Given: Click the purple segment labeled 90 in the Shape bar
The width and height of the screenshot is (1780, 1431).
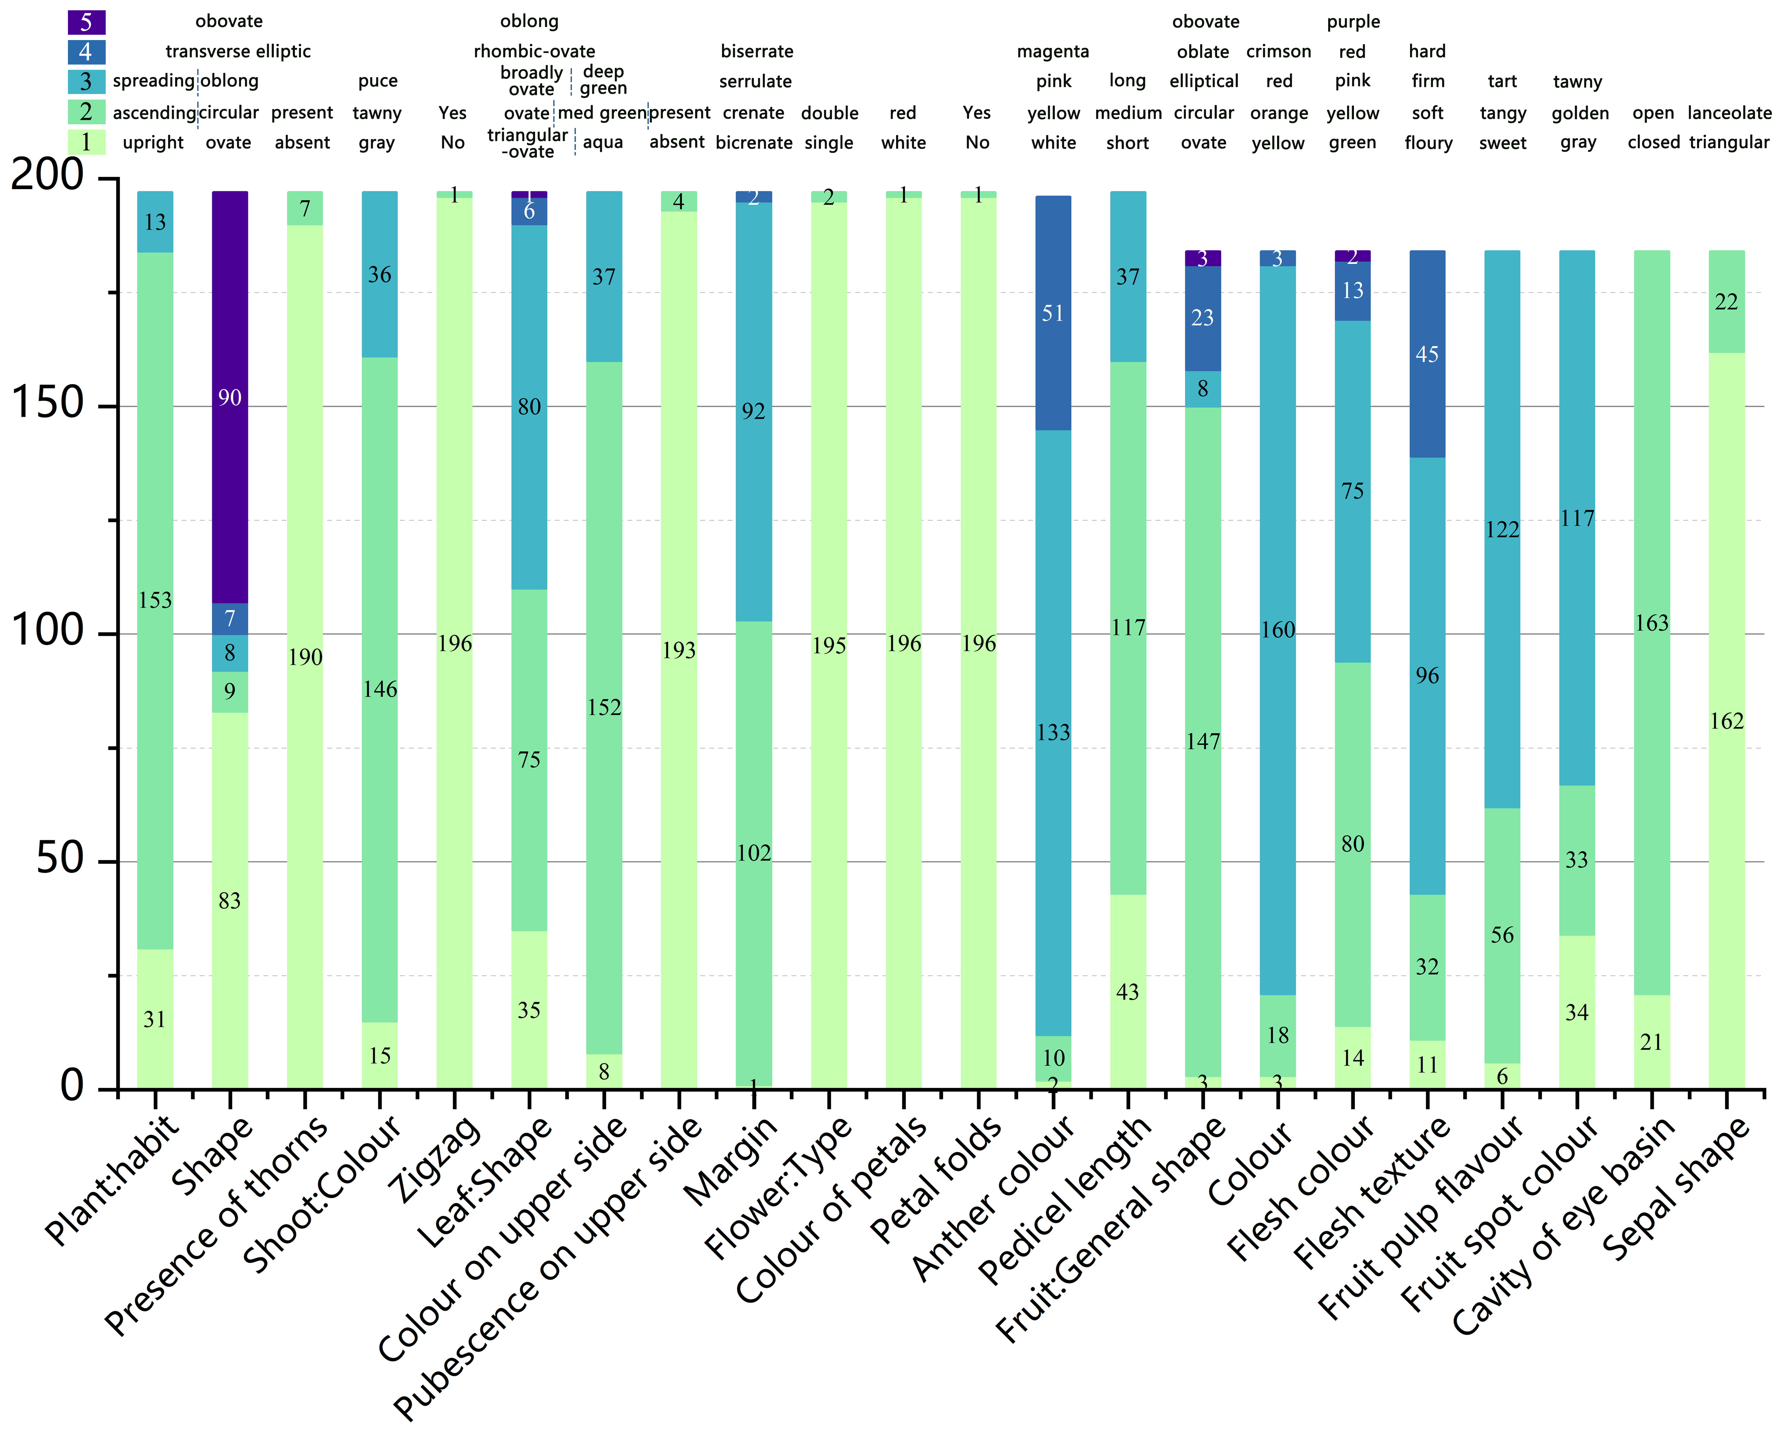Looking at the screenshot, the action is click(230, 397).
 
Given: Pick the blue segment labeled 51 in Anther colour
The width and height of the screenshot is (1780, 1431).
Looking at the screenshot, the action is click(1053, 313).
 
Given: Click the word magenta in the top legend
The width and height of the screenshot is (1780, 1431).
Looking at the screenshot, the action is click(1053, 51).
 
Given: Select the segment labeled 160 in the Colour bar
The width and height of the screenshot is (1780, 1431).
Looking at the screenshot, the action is click(1277, 630).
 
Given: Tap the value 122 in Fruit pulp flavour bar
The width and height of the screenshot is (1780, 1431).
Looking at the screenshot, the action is click(1502, 529).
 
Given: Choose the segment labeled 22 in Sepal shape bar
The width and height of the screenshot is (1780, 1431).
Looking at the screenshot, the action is click(1726, 301).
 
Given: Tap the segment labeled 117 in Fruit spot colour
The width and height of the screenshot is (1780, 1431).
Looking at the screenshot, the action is click(1577, 518).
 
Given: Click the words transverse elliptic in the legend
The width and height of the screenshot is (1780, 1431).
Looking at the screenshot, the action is click(238, 51).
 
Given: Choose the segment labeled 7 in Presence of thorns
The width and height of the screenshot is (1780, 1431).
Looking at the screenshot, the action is click(305, 208).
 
